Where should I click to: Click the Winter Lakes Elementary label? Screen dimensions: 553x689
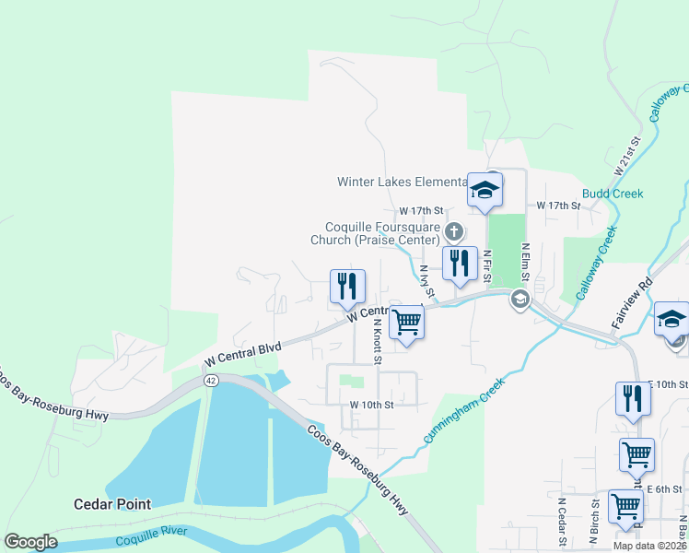coord(401,182)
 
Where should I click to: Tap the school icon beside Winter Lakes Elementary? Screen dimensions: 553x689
coord(485,191)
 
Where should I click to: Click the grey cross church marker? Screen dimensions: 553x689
coord(452,229)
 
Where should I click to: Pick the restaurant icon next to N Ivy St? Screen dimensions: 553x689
coord(457,264)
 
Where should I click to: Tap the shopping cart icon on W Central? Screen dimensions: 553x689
coord(406,324)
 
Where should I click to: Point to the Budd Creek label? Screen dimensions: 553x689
coord(613,194)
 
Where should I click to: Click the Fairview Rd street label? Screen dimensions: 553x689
coord(631,305)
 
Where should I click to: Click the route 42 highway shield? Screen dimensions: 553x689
coord(210,381)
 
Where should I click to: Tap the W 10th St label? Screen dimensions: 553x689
coord(371,405)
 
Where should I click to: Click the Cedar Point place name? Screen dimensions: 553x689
coord(112,504)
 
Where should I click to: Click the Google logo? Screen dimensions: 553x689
coord(30,541)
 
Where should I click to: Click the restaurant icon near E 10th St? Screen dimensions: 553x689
coord(632,399)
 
